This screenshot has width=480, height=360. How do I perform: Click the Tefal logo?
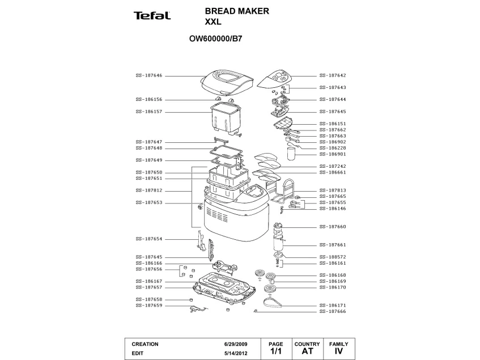(x=152, y=15)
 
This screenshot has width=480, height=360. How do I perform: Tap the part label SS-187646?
(x=148, y=75)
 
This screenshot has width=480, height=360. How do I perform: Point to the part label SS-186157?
(x=148, y=112)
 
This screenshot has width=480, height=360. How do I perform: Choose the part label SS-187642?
(x=333, y=75)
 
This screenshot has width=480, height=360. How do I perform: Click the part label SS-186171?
(x=333, y=305)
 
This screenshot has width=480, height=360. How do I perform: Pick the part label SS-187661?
(x=333, y=245)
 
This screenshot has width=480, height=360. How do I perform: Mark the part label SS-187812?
(x=148, y=190)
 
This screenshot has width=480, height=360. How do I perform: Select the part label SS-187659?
(x=148, y=306)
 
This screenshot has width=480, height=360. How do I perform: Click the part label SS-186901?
(x=333, y=154)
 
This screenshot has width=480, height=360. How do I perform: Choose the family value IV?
(x=339, y=351)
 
